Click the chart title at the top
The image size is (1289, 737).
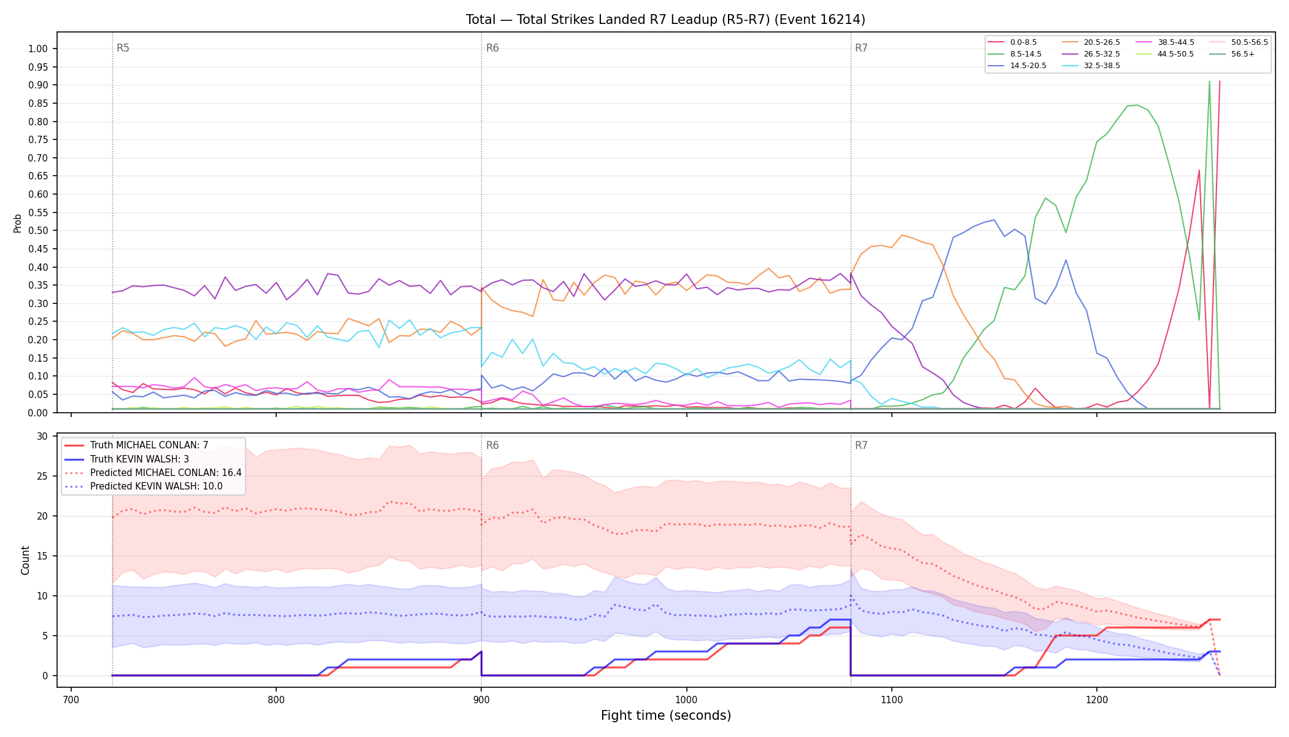[665, 20]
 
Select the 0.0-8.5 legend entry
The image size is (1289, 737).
[1012, 42]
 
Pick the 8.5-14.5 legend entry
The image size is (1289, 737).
[1015, 54]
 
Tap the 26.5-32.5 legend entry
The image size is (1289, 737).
[1091, 54]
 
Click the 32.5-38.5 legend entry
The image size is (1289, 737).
[1091, 66]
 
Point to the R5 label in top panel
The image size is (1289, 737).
[123, 48]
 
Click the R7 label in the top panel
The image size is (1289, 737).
[861, 48]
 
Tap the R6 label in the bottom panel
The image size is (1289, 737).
[492, 445]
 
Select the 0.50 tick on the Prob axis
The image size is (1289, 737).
[38, 231]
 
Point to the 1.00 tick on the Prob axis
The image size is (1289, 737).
[38, 49]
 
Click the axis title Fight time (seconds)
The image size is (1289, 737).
[666, 716]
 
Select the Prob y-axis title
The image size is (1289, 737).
[18, 223]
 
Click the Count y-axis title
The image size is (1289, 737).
[25, 560]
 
